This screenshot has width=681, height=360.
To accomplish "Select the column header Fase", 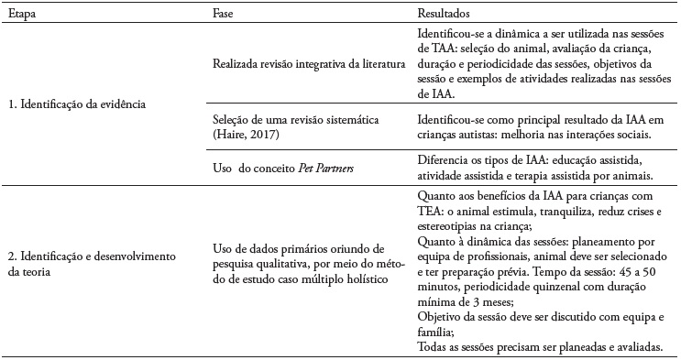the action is coord(222,15).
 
